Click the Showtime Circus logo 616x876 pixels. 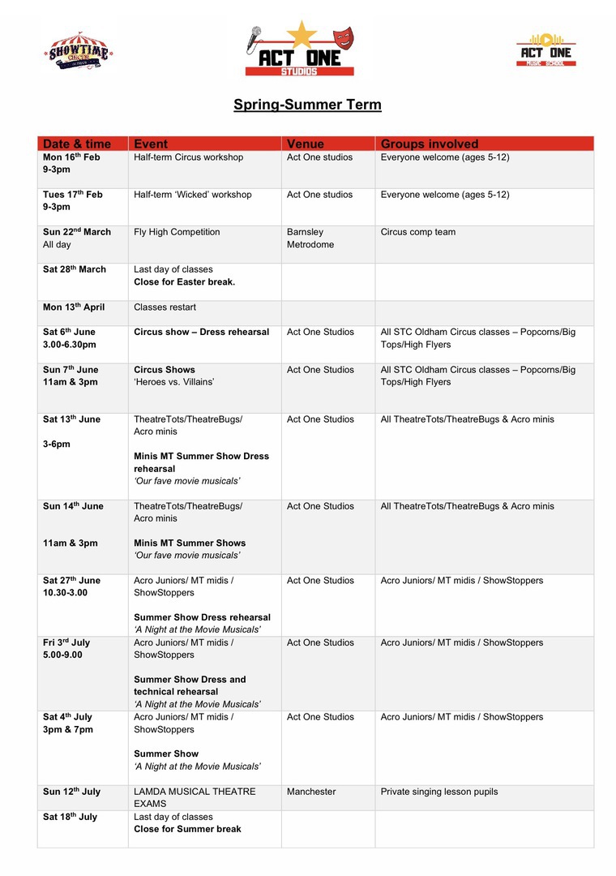[78, 51]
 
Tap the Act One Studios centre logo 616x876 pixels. [299, 49]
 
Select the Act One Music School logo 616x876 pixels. [545, 50]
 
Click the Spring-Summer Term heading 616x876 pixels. [307, 105]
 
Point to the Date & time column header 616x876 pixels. [76, 144]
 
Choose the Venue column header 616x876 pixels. [306, 144]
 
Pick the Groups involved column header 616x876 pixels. [430, 144]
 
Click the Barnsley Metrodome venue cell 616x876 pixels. [310, 238]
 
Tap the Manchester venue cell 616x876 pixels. [312, 792]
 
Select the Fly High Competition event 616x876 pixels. [177, 232]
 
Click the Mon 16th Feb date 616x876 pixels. [71, 157]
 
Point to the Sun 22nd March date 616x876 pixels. [77, 232]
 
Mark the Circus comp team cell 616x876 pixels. [418, 232]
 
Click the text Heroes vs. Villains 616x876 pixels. [174, 382]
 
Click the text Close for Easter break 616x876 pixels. [184, 281]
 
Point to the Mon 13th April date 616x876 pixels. [74, 307]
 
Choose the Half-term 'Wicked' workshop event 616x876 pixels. [193, 195]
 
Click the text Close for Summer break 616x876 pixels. [187, 829]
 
